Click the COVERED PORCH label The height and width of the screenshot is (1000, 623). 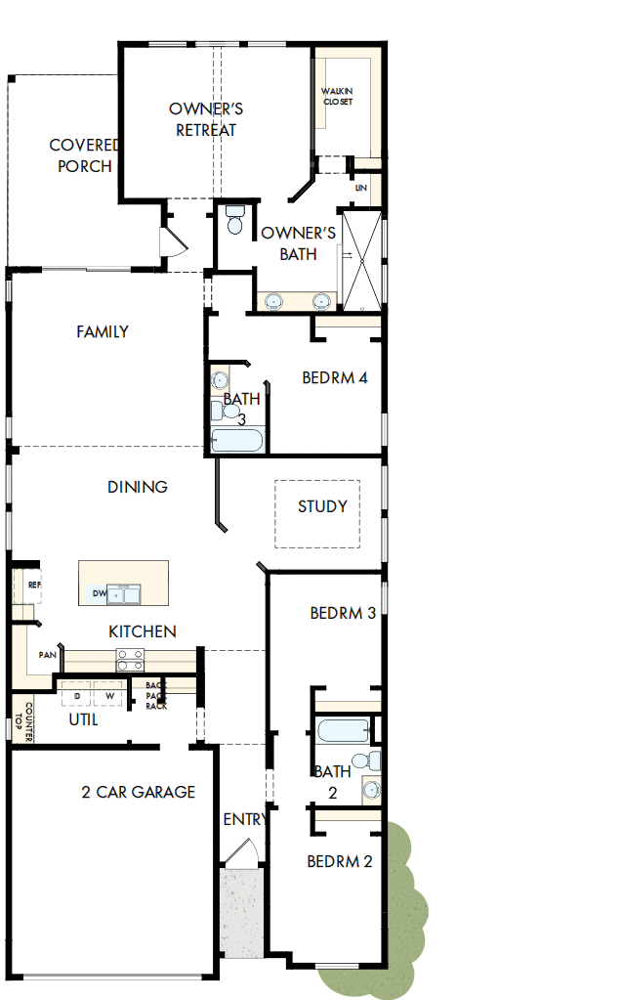[x=85, y=155]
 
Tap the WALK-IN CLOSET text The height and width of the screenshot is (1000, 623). [x=337, y=97]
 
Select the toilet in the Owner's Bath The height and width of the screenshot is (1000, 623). [x=234, y=220]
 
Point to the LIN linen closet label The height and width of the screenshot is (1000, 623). [x=361, y=187]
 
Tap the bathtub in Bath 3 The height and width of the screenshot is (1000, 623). [x=237, y=441]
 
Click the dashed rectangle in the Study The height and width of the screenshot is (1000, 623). [x=316, y=513]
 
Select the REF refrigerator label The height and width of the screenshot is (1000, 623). [x=34, y=585]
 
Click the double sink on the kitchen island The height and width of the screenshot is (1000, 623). [x=125, y=593]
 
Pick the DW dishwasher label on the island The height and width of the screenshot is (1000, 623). [x=99, y=593]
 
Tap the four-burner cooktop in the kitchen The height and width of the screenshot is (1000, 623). [x=130, y=661]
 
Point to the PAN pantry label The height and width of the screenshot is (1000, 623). [x=47, y=655]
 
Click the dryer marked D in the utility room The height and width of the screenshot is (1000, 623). [x=76, y=696]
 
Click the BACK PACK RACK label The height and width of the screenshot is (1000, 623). [x=156, y=695]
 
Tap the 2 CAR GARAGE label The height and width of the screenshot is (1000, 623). [x=138, y=792]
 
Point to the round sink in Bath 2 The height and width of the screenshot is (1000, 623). [x=370, y=788]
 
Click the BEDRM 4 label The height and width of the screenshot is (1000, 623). [x=334, y=377]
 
